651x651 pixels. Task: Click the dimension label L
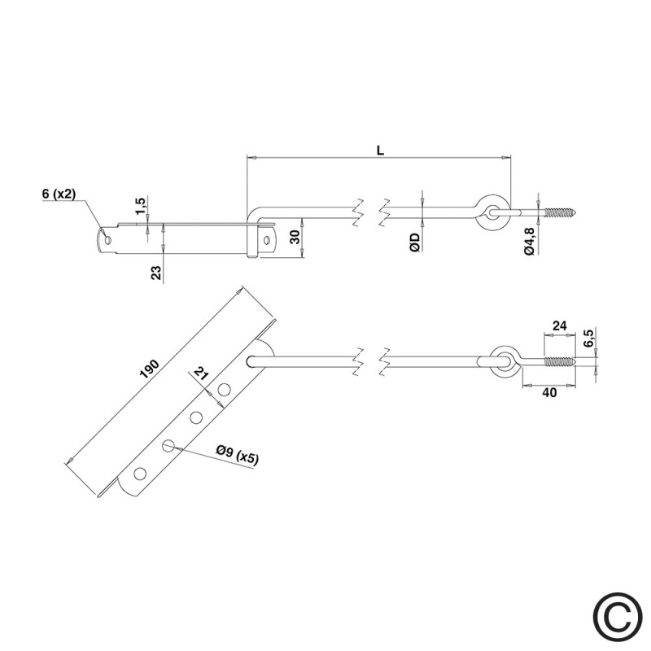(x=380, y=151)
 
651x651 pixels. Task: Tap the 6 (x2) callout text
(x=59, y=194)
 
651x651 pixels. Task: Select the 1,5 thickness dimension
(x=140, y=207)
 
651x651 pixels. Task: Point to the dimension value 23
(x=156, y=273)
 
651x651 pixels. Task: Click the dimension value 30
(x=295, y=237)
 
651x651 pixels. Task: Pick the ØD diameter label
(x=415, y=242)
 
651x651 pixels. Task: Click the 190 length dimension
(x=150, y=369)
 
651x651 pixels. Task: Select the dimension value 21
(x=201, y=374)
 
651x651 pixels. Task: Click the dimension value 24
(x=559, y=326)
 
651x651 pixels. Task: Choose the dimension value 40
(x=549, y=392)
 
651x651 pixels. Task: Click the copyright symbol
(x=618, y=618)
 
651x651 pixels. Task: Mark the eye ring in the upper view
(x=493, y=212)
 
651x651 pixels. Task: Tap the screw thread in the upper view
(x=560, y=212)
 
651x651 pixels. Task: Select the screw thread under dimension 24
(x=560, y=361)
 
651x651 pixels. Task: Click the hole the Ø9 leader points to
(x=168, y=446)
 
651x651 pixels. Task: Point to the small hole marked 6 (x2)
(x=108, y=240)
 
